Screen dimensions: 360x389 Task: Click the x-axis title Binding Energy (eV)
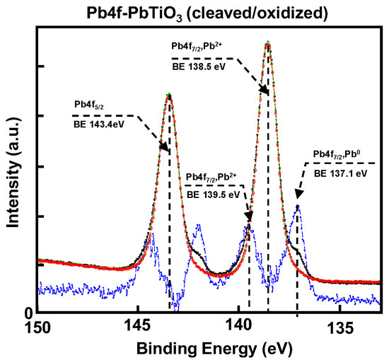pos(209,348)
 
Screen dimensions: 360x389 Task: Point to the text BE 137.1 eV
pos(340,172)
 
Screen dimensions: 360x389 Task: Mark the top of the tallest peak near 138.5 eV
pos(267,42)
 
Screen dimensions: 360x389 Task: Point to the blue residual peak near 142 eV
pos(199,226)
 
